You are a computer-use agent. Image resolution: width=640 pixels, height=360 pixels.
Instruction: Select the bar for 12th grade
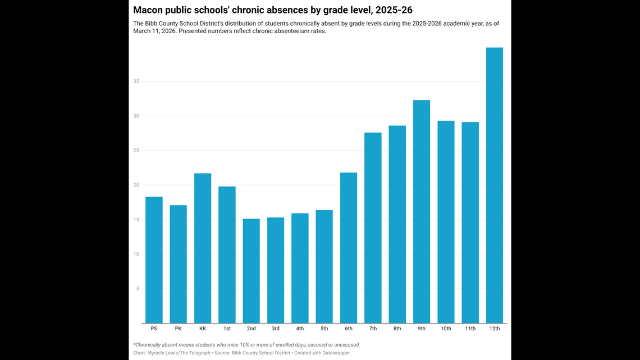click(494, 185)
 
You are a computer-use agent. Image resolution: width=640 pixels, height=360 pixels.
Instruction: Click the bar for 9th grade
click(422, 212)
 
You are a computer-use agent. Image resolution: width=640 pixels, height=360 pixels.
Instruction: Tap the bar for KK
click(203, 248)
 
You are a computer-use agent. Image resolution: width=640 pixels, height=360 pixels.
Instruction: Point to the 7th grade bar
click(373, 228)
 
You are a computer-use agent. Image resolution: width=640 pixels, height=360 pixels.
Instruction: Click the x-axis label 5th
click(324, 329)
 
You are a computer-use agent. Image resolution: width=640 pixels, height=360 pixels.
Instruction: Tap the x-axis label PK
click(178, 329)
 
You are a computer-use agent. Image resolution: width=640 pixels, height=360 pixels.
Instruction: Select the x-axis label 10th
click(446, 329)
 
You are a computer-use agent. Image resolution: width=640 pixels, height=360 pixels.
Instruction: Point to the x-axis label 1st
click(227, 329)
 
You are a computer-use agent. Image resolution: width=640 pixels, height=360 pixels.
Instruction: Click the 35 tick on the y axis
click(136, 81)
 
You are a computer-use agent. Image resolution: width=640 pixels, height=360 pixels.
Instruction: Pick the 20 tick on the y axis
click(136, 185)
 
